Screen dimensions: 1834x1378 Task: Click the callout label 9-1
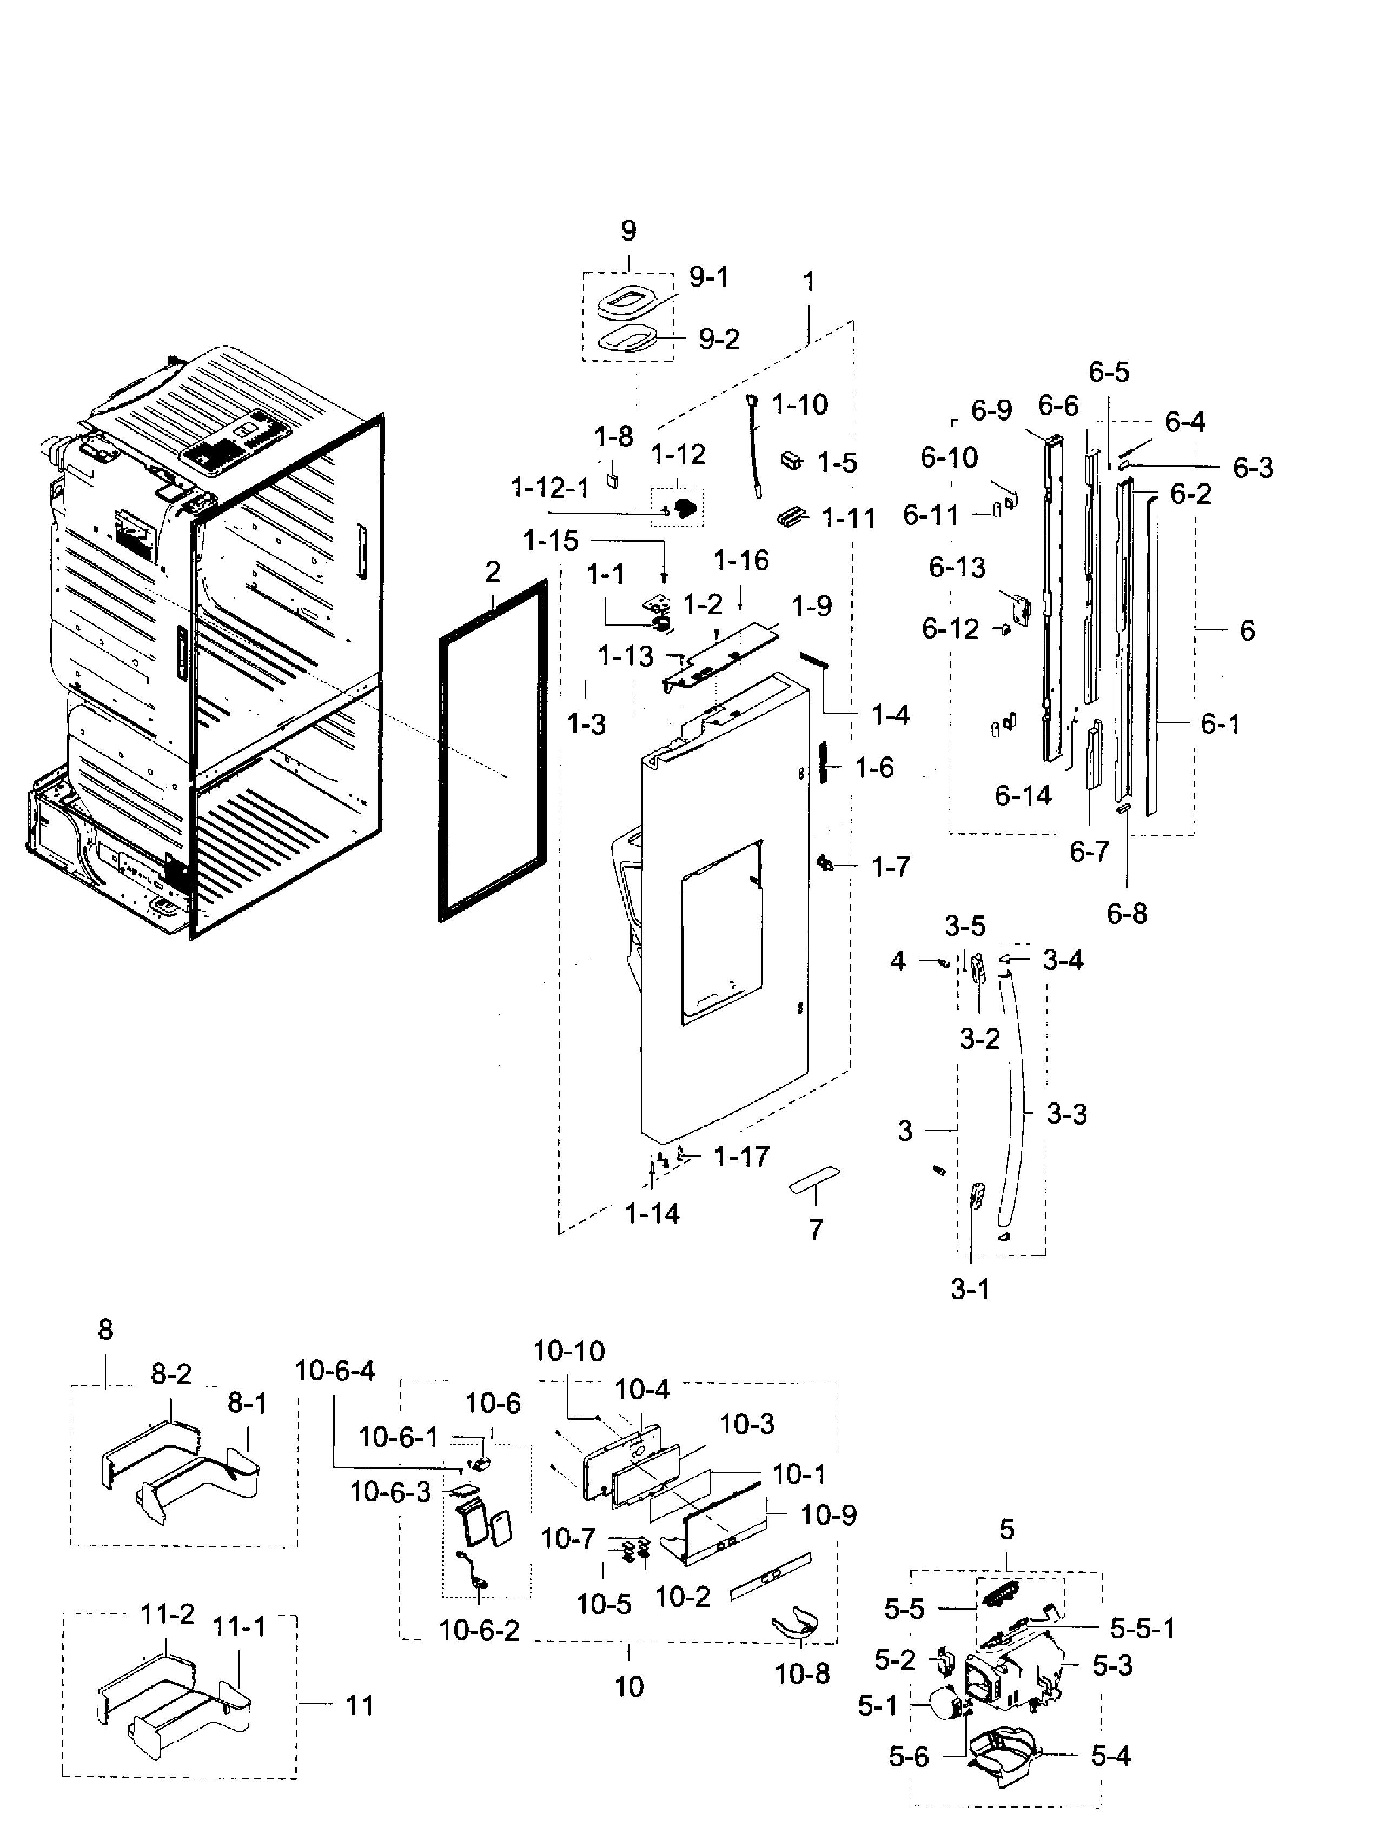coord(709,276)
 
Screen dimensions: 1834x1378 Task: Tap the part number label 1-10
coord(799,404)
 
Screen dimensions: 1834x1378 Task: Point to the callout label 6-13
coord(957,567)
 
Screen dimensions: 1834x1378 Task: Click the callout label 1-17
coord(741,1156)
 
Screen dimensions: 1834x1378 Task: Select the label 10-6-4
coord(334,1371)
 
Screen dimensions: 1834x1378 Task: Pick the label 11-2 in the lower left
coord(168,1613)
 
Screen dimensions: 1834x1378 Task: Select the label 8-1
coord(247,1403)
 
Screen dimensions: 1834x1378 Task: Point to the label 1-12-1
coord(549,488)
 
